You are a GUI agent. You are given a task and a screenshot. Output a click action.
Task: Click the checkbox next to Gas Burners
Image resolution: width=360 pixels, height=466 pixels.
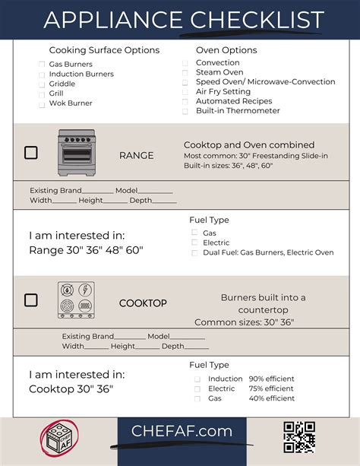coord(42,65)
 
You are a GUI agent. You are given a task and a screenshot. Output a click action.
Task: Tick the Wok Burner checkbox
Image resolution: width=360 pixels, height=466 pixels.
coord(42,103)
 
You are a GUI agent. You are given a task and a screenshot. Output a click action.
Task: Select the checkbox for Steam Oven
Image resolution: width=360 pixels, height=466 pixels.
coord(186,73)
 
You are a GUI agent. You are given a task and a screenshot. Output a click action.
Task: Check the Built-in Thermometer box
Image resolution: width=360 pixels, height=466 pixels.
coord(186,112)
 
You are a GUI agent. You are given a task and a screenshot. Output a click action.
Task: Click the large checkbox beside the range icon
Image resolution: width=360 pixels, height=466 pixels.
coord(30,153)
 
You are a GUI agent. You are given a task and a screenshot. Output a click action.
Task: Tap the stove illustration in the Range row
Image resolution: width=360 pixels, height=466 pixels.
coord(77,154)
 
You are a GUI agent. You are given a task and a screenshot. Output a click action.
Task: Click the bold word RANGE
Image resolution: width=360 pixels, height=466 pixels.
coord(136,155)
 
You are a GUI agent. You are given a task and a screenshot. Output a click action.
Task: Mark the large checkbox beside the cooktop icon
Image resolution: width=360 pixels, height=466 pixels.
coord(30,300)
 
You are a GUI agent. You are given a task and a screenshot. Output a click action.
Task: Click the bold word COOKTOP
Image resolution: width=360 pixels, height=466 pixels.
coord(143,303)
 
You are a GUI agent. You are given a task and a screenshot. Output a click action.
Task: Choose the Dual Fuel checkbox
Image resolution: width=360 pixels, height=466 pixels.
coord(195,252)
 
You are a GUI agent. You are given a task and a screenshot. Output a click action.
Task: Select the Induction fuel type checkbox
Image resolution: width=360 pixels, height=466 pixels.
coord(197,379)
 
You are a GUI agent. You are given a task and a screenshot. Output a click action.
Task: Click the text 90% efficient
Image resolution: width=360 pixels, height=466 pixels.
coord(271,379)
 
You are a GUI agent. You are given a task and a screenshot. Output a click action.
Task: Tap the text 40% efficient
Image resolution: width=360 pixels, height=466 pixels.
coord(271,398)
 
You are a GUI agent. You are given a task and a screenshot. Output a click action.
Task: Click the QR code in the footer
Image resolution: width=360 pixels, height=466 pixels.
coord(299,437)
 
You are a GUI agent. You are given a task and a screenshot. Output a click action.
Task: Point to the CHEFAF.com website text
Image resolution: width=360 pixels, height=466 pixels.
coord(182,431)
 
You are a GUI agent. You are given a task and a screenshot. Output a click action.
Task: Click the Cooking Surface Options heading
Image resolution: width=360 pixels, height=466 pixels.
coord(104,50)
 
